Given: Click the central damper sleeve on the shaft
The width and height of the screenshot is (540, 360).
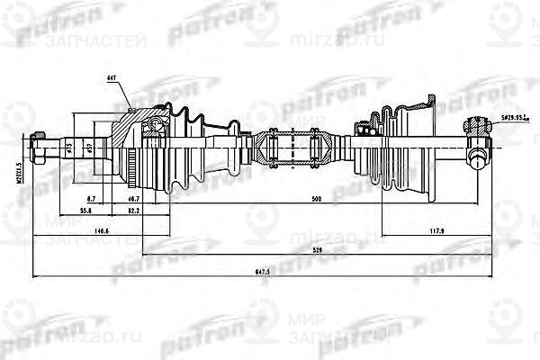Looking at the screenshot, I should pos(293,147).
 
